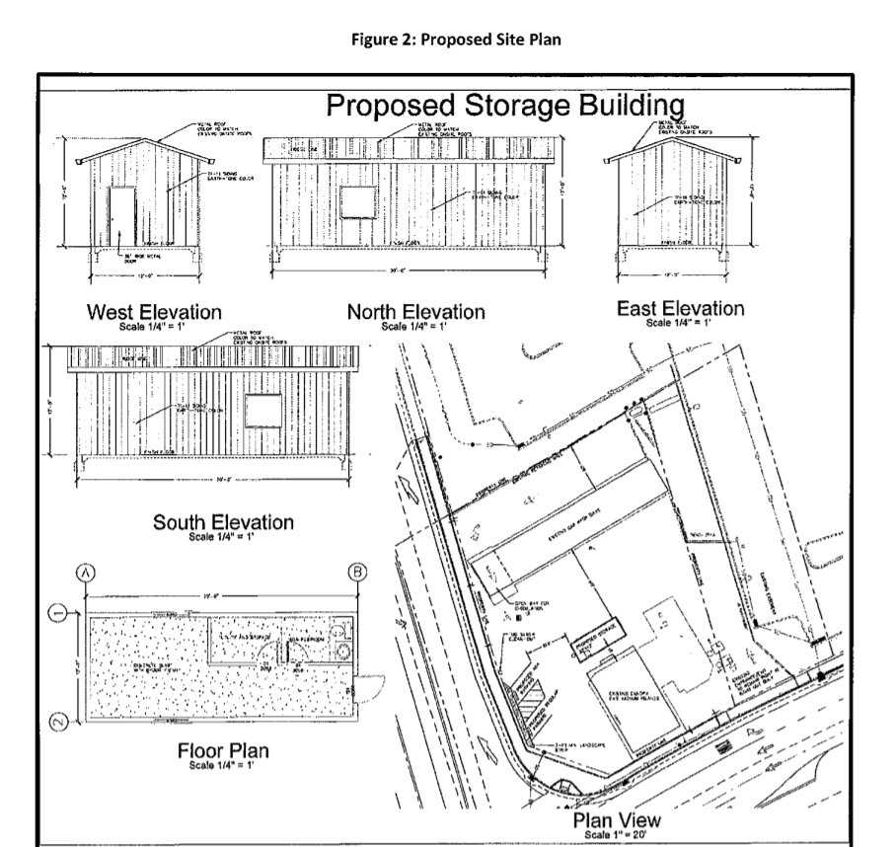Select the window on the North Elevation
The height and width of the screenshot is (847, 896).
point(354,200)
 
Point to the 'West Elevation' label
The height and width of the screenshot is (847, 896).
point(154,313)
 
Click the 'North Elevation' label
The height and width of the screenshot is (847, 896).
point(416,312)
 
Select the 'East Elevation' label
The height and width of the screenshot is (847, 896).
point(680,308)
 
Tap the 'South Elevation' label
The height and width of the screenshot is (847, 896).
point(223,523)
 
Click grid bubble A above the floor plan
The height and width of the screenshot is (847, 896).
point(87,571)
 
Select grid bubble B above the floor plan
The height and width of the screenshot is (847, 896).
point(355,571)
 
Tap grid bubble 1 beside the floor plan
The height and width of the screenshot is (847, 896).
point(59,614)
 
